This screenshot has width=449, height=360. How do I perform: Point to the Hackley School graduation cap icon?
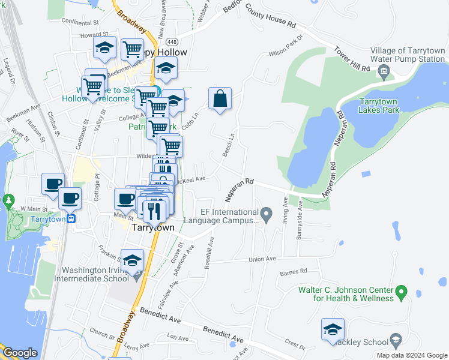point(396,342)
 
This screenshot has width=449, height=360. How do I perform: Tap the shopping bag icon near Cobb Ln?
point(220,98)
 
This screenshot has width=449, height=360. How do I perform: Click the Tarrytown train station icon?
point(71,219)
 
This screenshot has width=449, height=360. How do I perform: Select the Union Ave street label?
point(262,259)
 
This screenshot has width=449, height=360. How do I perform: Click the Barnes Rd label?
point(293,272)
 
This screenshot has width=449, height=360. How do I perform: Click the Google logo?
point(20,353)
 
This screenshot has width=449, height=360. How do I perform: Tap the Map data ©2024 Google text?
point(412,355)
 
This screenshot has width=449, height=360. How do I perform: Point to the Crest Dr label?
point(295,344)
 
